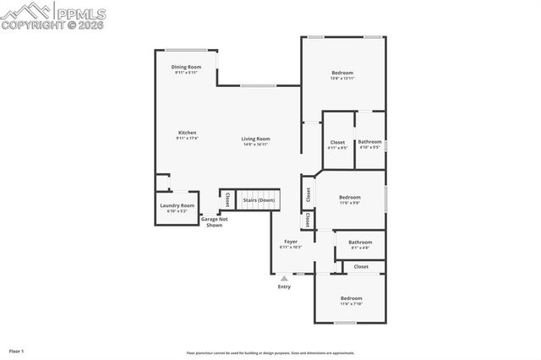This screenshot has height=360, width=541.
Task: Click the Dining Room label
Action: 186,67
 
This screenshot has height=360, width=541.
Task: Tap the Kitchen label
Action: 187,133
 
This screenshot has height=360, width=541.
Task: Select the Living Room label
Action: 255,139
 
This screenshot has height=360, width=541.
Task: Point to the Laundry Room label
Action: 178,205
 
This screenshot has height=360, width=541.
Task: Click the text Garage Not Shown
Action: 215,222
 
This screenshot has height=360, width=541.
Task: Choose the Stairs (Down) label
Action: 259,200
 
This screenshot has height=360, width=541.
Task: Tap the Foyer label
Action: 290,242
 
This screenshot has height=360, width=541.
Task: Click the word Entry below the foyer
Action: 284,287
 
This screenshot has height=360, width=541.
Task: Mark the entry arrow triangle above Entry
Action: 284,276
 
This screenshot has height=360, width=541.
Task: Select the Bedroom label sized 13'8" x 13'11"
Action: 342,73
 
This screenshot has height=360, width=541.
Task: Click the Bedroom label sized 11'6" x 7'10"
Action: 350,298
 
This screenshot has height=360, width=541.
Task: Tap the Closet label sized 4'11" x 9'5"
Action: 337,142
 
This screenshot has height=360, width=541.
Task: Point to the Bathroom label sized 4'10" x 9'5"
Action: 369,142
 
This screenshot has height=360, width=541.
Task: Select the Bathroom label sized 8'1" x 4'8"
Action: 359,243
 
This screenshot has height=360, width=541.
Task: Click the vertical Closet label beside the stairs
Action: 227,200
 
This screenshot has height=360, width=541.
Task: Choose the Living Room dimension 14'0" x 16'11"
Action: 255,145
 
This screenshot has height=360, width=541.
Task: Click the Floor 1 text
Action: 17,350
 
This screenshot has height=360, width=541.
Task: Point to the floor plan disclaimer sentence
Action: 282,353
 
